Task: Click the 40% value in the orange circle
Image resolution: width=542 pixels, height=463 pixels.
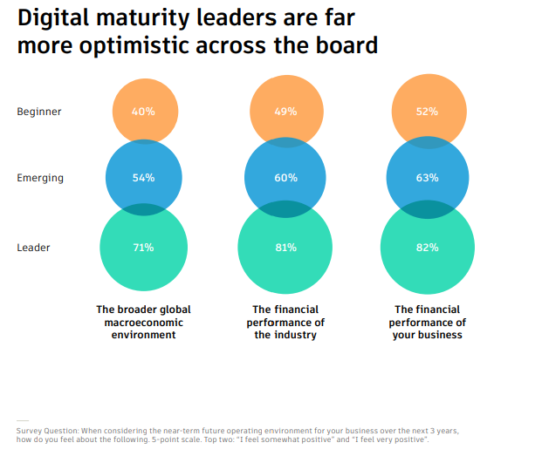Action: click(x=144, y=112)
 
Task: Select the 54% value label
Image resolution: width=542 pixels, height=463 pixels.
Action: click(x=144, y=178)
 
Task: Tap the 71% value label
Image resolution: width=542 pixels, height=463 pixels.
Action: click(x=144, y=248)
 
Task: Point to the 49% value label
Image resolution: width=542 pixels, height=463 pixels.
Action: click(x=286, y=112)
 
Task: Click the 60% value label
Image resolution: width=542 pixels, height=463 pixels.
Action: click(x=286, y=178)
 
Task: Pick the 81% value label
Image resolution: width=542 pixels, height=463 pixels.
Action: click(x=286, y=248)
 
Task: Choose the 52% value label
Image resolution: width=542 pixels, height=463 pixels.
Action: click(x=428, y=112)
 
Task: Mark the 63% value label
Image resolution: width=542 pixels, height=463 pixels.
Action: click(x=428, y=178)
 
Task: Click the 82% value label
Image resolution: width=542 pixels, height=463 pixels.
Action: click(x=428, y=248)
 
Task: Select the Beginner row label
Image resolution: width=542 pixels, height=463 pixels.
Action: click(x=39, y=112)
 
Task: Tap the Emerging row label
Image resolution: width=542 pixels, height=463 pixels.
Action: click(x=40, y=178)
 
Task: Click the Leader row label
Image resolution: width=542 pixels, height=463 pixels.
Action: click(x=34, y=248)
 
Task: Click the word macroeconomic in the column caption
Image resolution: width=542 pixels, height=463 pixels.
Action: click(x=143, y=323)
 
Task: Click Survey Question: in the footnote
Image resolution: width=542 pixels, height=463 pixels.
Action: click(x=46, y=431)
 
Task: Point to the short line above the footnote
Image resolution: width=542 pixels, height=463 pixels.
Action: click(x=23, y=421)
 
